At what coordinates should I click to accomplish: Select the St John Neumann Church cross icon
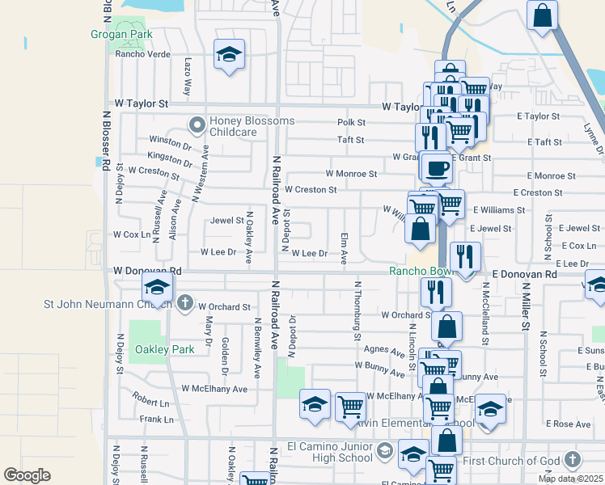pos(184,304)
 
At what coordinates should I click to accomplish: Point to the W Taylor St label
pos(141,104)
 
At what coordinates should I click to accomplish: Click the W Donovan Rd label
pos(148,271)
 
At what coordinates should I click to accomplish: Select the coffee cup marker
pos(437,168)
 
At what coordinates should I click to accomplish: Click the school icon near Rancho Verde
pos(230,54)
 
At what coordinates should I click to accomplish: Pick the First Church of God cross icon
pos(573,460)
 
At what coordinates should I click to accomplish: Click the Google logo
pos(27,474)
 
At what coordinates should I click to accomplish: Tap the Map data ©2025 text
pos(570,479)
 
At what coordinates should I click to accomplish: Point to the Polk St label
pos(351,123)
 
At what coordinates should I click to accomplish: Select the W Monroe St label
pos(351,174)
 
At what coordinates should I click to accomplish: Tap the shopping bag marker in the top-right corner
pos(542,15)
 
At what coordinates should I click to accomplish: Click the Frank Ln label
pos(156,420)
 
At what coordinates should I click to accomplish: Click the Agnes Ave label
pos(384,352)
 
